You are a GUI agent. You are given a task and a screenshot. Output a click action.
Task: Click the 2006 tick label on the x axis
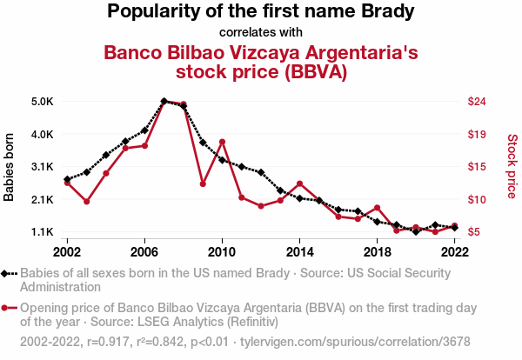pos(144,251)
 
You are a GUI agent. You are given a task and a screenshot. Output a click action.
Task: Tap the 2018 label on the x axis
pos(377,251)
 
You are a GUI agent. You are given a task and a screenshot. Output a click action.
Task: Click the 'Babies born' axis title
pos(10,167)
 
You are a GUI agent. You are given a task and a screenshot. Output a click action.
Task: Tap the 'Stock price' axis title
pos(512,165)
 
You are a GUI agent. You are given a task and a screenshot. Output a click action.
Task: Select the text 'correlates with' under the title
pos(261,32)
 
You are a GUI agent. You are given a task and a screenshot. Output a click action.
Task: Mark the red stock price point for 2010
pos(222,142)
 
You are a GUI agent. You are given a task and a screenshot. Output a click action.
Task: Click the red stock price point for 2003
pos(87,202)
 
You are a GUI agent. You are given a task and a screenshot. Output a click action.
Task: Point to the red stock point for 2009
pos(203,183)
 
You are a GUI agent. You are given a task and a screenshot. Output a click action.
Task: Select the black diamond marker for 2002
pos(67,179)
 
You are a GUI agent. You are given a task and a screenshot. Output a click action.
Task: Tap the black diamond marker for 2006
pos(144,130)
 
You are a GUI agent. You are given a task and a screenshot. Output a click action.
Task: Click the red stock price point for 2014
pos(299,183)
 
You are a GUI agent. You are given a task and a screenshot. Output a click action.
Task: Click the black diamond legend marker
pos(8,273)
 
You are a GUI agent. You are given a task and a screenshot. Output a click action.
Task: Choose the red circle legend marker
pos(8,308)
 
